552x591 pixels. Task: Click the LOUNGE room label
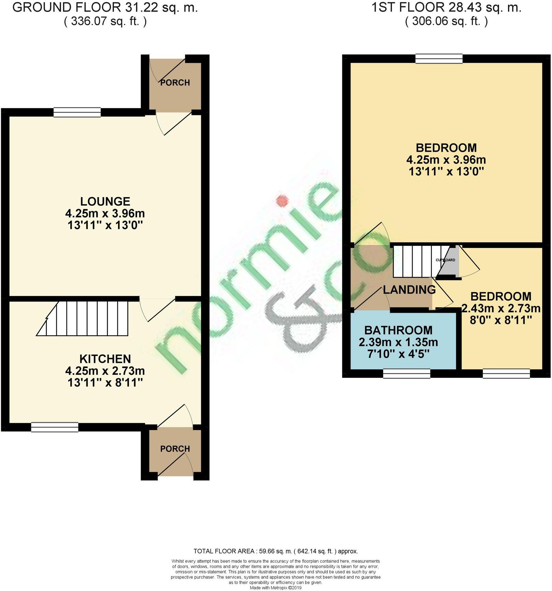point(105,201)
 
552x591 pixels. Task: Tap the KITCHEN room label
point(105,359)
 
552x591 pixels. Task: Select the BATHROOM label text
point(398,330)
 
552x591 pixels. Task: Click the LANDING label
point(409,290)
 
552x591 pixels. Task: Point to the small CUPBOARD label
point(445,260)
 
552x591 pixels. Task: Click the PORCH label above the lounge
point(175,83)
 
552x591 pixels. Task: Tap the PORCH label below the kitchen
point(175,449)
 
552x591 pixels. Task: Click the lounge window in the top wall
point(77,112)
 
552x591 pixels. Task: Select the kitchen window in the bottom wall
point(55,427)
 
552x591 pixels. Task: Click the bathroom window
point(406,374)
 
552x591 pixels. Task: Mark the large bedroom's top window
point(439,59)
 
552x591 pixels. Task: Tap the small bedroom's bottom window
point(506,374)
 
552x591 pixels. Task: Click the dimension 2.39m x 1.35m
point(398,342)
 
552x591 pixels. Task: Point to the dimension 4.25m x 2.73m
point(105,371)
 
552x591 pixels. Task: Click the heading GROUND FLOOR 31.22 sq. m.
point(105,8)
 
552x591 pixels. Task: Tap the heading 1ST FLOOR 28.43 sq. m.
point(446,8)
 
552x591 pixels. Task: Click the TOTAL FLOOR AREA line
point(276,551)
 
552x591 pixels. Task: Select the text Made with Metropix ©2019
point(276,588)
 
